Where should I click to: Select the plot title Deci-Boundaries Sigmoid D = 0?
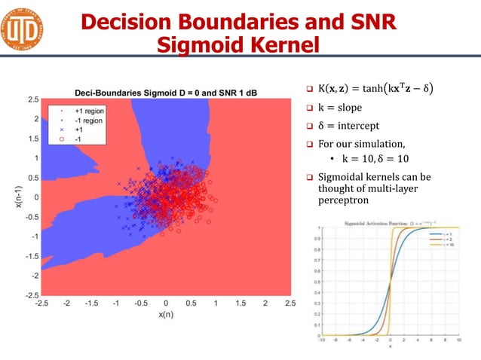pyautogui.click(x=151, y=92)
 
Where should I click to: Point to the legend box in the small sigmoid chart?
pyautogui.click(x=442, y=241)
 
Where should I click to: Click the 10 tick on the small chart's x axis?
pyautogui.click(x=459, y=340)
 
